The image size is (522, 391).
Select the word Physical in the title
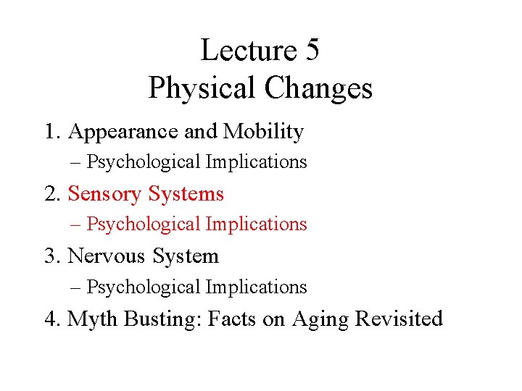pos(202,88)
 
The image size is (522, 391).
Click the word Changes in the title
pos(318,88)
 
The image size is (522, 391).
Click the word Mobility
pos(263,132)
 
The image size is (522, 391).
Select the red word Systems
pos(186,194)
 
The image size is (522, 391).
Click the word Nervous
pos(103,256)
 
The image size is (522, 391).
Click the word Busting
pos(162,319)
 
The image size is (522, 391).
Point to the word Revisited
pos(399,319)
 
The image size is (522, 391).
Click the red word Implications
pos(257,224)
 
